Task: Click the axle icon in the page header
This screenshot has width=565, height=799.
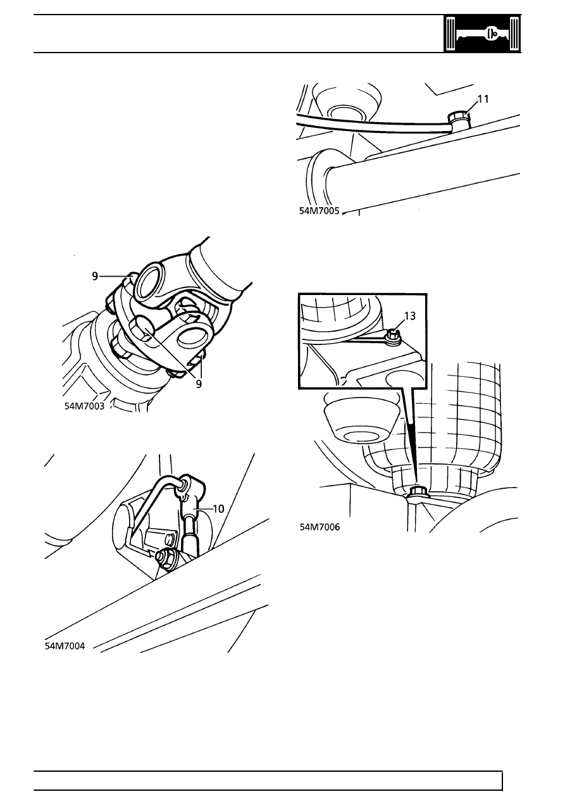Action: pyautogui.click(x=482, y=34)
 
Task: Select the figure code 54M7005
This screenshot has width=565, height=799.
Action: pyautogui.click(x=319, y=211)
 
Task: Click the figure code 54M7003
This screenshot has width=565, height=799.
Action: pyautogui.click(x=85, y=406)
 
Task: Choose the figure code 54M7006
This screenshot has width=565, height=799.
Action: pyautogui.click(x=320, y=527)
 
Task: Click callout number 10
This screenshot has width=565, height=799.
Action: pyautogui.click(x=218, y=508)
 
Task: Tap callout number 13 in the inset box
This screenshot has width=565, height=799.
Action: pyautogui.click(x=410, y=316)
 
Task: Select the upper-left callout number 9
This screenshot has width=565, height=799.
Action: pyautogui.click(x=95, y=276)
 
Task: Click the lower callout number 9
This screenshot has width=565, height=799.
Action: pyautogui.click(x=199, y=384)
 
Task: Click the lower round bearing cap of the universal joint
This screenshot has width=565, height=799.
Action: pyautogui.click(x=193, y=336)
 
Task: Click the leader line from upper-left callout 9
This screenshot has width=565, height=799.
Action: pyautogui.click(x=114, y=276)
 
